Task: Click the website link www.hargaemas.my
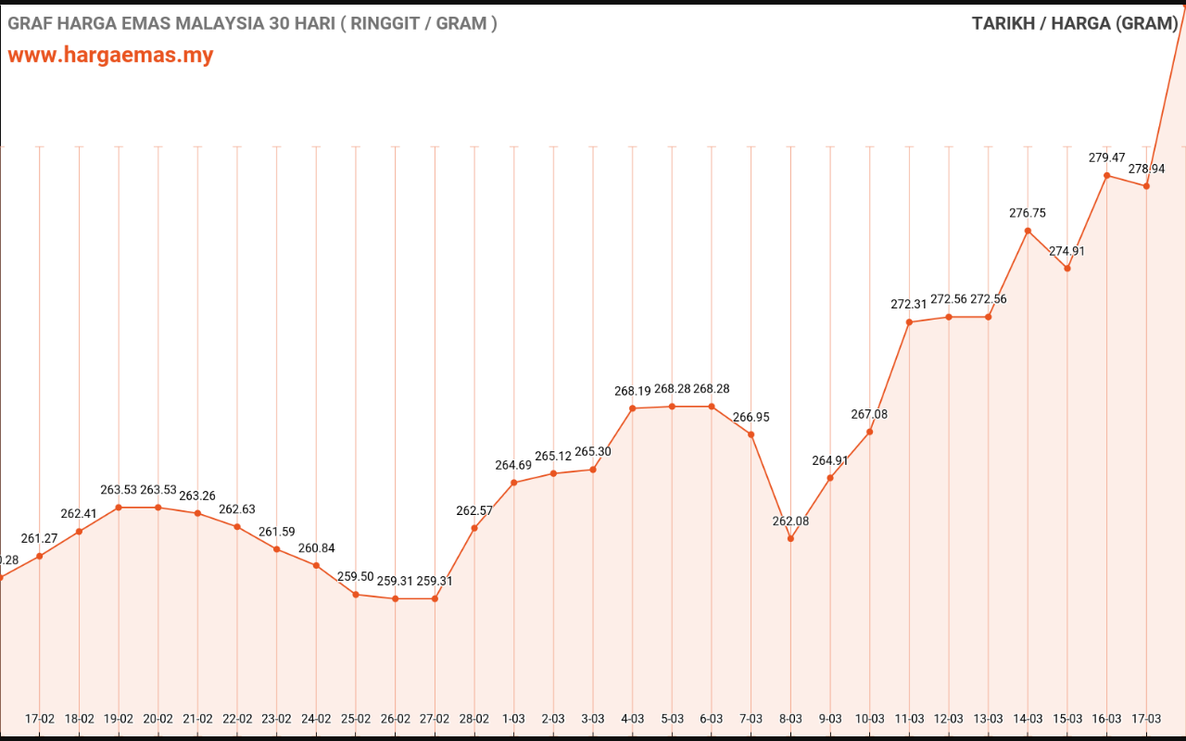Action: coord(110,55)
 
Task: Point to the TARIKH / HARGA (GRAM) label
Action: coord(1074,23)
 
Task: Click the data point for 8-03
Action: coord(790,538)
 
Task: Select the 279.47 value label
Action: coord(1106,157)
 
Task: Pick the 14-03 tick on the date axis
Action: coord(1028,719)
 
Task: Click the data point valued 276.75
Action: coord(1028,231)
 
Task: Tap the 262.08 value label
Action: coord(790,521)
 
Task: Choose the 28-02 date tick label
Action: coord(474,719)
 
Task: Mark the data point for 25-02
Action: coord(356,595)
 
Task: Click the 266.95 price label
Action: coord(751,417)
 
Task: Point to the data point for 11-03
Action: coord(909,322)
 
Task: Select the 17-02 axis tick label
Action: coord(40,719)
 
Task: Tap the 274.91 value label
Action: coord(1066,251)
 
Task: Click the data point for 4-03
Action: coord(633,408)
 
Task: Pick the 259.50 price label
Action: coord(356,576)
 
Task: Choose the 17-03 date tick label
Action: coord(1146,719)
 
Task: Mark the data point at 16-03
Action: coord(1106,175)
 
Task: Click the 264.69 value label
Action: coord(513,465)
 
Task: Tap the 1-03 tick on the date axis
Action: coord(513,719)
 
